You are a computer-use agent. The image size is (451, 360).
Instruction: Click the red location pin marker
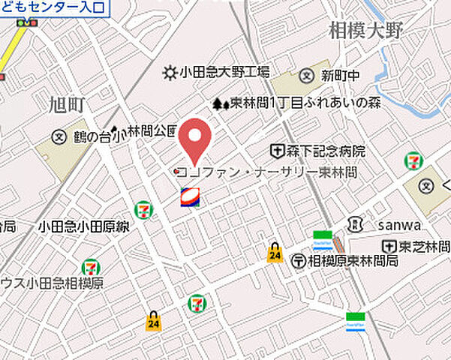(x=195, y=139)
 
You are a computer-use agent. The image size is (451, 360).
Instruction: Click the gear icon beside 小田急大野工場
(x=170, y=73)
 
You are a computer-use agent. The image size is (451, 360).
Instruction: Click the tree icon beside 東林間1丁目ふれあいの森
(x=220, y=104)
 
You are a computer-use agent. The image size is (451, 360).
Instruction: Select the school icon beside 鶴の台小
(x=59, y=136)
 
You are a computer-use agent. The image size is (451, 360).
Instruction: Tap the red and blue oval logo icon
(x=190, y=198)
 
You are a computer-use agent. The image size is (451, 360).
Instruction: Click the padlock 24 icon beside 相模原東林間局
(x=275, y=253)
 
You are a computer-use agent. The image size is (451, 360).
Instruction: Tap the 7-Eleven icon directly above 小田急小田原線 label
(x=143, y=210)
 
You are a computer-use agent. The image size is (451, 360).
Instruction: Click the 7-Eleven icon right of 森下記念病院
(x=412, y=160)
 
